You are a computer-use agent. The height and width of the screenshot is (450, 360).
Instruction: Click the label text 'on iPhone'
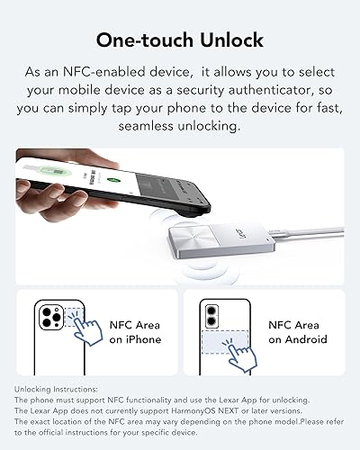pos(134,339)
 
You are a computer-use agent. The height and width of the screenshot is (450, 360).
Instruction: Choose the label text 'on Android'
pos(298,339)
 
